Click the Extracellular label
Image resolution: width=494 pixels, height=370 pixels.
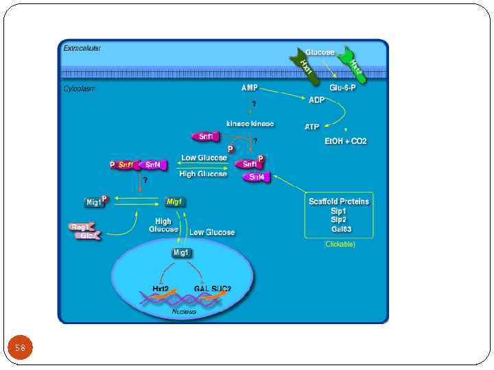point(82,48)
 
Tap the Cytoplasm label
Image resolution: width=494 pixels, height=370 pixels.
point(79,88)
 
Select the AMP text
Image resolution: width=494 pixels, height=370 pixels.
point(249,88)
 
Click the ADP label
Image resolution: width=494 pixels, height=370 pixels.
point(316,99)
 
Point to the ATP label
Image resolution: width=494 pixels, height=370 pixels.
point(312,127)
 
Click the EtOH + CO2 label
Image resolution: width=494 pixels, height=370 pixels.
point(345,141)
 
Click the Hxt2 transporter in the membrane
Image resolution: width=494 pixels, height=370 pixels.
point(354,66)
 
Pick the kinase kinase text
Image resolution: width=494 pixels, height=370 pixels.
point(250,124)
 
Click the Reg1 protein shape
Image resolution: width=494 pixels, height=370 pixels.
point(80,227)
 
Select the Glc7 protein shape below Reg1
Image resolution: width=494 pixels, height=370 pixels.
point(87,236)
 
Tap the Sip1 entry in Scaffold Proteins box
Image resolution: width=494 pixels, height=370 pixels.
point(338,211)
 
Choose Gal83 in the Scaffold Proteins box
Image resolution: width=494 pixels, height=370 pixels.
point(340,229)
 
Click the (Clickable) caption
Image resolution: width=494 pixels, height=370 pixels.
point(340,245)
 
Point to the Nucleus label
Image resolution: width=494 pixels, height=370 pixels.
point(183,312)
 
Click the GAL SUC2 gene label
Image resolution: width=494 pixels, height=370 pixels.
point(212,288)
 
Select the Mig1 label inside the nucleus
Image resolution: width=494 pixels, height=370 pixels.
point(181,253)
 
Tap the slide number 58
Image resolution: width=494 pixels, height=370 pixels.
point(20,348)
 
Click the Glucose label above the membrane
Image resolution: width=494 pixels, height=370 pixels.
point(320,53)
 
